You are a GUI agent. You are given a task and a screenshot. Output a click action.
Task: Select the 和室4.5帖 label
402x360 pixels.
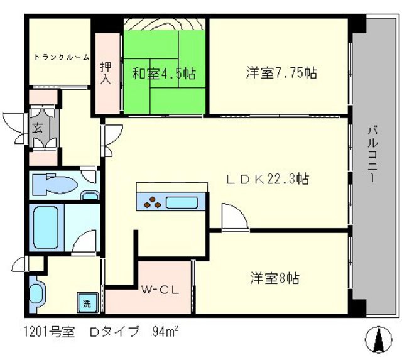click(163, 74)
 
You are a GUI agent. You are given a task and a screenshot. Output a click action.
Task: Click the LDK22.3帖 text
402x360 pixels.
click(267, 179)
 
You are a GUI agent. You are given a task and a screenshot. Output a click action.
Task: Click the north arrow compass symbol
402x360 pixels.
click(378, 340)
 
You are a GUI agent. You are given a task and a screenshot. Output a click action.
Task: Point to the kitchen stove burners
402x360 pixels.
click(152, 202)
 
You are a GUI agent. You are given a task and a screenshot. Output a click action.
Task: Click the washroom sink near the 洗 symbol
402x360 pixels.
click(37, 292)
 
